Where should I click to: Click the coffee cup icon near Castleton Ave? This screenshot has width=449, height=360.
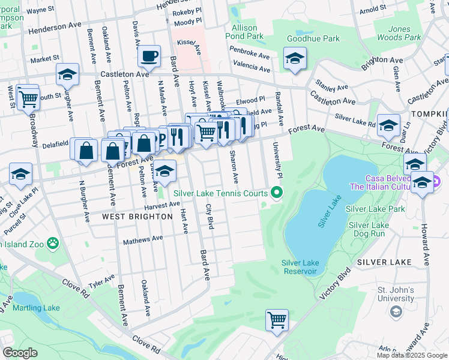[x=149, y=57]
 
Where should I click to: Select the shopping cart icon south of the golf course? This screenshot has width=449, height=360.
[x=277, y=320]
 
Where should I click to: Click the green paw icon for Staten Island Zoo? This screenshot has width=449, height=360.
[x=53, y=244]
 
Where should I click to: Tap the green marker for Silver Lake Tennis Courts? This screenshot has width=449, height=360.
[x=277, y=193]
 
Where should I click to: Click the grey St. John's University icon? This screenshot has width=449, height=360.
[x=396, y=311]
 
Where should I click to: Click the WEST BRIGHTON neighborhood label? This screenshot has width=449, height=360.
[x=133, y=216]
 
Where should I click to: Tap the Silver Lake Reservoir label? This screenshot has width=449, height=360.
[x=299, y=267]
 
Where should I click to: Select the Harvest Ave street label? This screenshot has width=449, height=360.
[x=162, y=205]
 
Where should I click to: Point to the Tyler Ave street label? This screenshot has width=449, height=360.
[x=101, y=281]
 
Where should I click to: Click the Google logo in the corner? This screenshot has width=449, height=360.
[x=20, y=353]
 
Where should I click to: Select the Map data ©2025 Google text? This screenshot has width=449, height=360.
[x=412, y=355]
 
